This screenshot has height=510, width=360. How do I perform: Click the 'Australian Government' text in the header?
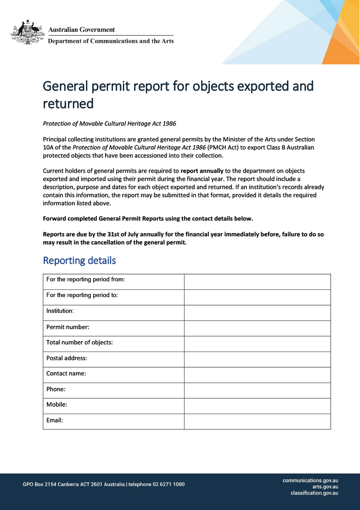tap(81, 30)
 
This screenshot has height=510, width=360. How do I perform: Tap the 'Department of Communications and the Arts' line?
tap(111, 41)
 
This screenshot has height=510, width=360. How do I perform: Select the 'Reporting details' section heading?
tap(79, 261)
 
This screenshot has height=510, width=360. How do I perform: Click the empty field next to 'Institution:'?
tap(257, 313)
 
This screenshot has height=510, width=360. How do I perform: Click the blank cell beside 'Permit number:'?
tap(257, 328)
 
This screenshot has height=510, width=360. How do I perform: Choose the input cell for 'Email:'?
tap(257, 422)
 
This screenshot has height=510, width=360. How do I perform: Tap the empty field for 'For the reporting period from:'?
tap(257, 281)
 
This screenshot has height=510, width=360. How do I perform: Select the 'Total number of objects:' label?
tap(79, 343)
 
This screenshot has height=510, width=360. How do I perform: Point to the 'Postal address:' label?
tap(67, 358)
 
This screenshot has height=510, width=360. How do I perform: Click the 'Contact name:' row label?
tap(66, 374)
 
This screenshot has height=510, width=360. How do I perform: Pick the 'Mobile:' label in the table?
tap(57, 405)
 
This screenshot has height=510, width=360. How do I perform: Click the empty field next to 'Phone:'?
tap(257, 390)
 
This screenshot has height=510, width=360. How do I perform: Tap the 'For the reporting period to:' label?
tap(82, 295)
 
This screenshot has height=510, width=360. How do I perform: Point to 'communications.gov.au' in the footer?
tap(310, 480)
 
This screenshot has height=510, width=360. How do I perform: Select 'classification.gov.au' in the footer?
tap(314, 493)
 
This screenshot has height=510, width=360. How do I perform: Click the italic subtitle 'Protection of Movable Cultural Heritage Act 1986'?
tap(109, 123)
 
